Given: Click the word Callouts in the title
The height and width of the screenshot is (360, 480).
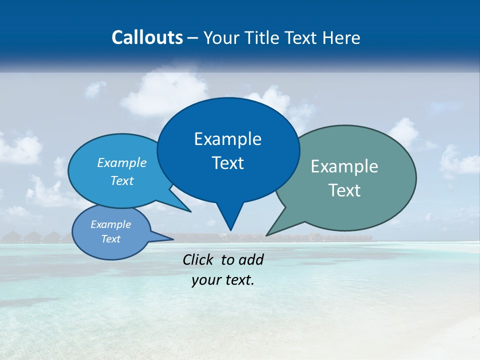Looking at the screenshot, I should click(x=147, y=37).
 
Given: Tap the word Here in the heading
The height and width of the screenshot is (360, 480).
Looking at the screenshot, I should click(x=342, y=37).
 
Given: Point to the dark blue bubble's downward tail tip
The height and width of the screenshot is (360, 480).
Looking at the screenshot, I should click(x=230, y=229).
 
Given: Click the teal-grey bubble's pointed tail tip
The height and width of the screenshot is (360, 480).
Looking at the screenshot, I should click(x=267, y=234).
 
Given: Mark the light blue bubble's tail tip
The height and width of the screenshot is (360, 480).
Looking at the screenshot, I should click(x=190, y=211).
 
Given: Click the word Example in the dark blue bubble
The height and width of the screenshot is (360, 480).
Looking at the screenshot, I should click(x=227, y=139).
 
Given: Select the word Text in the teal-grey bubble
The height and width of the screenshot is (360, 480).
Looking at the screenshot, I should click(x=345, y=190).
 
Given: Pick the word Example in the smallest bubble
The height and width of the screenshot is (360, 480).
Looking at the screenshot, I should click(x=111, y=224).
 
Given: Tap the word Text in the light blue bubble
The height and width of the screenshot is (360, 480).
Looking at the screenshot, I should click(x=122, y=180).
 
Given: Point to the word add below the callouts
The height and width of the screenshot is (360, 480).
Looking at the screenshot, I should click(x=250, y=259).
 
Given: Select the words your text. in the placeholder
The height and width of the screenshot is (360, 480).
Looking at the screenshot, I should click(x=223, y=280).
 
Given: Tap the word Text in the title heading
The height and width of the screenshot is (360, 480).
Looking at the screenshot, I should click(x=303, y=37).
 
